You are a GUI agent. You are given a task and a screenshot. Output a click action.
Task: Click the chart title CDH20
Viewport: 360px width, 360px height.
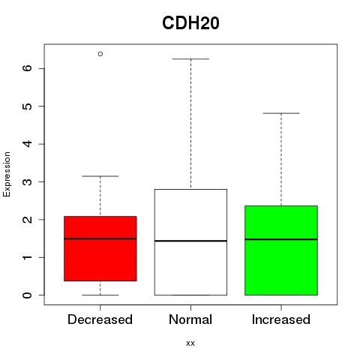pyautogui.click(x=190, y=23)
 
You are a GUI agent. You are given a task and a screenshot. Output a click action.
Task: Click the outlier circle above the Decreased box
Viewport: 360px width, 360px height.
pyautogui.click(x=100, y=54)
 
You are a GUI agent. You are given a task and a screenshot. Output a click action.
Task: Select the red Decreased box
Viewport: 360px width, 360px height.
pyautogui.click(x=100, y=248)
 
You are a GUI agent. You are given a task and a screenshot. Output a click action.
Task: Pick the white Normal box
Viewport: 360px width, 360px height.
pyautogui.click(x=190, y=242)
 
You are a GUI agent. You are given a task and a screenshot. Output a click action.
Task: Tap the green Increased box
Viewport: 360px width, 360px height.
pyautogui.click(x=281, y=250)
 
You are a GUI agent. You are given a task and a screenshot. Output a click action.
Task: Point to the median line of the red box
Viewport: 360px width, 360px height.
pyautogui.click(x=100, y=238)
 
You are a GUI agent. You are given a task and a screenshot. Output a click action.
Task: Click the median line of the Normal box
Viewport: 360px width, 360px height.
pyautogui.click(x=190, y=241)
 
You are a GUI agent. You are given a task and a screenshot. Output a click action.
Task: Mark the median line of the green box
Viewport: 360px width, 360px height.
pyautogui.click(x=281, y=239)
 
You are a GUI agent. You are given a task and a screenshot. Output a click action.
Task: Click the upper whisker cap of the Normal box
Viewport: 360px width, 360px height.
pyautogui.click(x=190, y=59)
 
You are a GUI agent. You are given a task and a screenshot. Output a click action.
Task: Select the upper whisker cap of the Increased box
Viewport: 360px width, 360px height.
pyautogui.click(x=281, y=113)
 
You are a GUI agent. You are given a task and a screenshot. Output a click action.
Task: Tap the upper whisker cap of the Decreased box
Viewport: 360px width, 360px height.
pyautogui.click(x=100, y=176)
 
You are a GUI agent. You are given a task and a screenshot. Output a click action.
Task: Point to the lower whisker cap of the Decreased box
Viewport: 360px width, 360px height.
pyautogui.click(x=100, y=295)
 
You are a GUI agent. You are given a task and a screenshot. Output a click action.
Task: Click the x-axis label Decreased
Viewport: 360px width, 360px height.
pyautogui.click(x=100, y=319)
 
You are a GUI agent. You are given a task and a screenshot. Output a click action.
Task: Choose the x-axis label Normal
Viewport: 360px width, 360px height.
pyautogui.click(x=190, y=319)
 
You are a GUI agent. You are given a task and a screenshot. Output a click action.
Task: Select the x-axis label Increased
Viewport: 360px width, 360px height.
pyautogui.click(x=281, y=319)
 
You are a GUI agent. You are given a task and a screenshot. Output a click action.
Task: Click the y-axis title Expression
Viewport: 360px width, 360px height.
pyautogui.click(x=7, y=174)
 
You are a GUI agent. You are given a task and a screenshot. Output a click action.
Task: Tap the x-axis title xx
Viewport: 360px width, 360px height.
pyautogui.click(x=190, y=343)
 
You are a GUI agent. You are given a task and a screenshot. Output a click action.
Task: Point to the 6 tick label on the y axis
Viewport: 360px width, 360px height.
pyautogui.click(x=27, y=68)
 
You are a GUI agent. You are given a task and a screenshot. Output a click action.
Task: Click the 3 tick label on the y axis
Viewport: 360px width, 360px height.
pyautogui.click(x=27, y=181)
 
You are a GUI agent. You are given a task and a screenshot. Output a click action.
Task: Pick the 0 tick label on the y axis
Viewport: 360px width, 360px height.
pyautogui.click(x=27, y=295)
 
